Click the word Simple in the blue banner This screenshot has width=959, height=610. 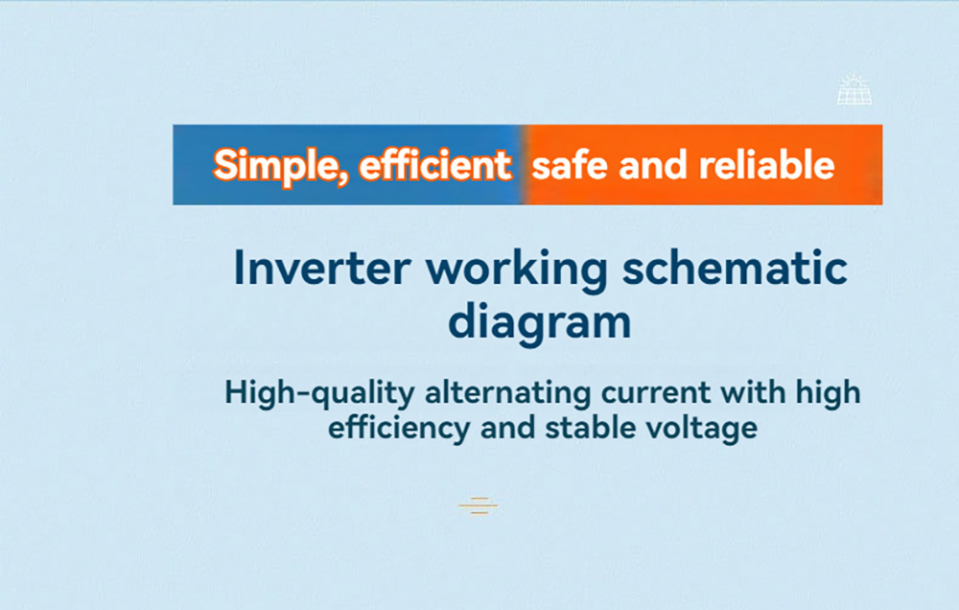tap(281, 165)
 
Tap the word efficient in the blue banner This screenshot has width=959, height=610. tap(434, 165)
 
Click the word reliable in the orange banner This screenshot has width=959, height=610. tap(766, 165)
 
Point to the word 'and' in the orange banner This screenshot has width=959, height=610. tap(653, 165)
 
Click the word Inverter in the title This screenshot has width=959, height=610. tap(322, 268)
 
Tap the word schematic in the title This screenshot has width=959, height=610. tap(735, 268)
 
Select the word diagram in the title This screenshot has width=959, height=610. tap(539, 322)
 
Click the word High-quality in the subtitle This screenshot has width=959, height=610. tap(320, 393)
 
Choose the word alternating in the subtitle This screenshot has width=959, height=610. tap(508, 392)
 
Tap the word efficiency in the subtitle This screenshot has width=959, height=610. tap(399, 428)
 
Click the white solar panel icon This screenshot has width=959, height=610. tap(854, 89)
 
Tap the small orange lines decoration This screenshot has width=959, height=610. tap(479, 506)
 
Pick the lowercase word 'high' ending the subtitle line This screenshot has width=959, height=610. tap(829, 393)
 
